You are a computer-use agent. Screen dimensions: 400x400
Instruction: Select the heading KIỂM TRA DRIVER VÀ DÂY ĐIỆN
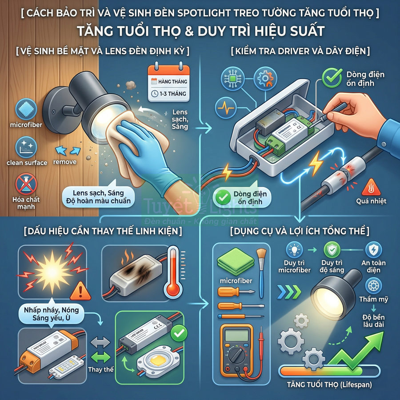(300, 51)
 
